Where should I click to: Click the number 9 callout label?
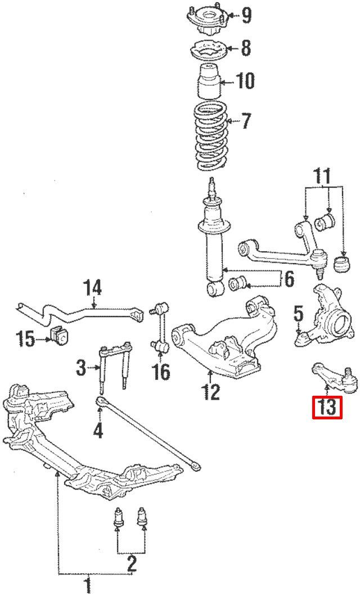click(246, 15)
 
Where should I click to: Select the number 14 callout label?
click(92, 289)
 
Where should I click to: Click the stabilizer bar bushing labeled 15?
click(59, 335)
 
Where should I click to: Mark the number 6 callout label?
click(289, 278)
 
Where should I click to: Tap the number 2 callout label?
click(131, 562)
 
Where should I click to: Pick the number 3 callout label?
click(81, 368)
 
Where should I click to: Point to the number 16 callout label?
click(161, 372)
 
